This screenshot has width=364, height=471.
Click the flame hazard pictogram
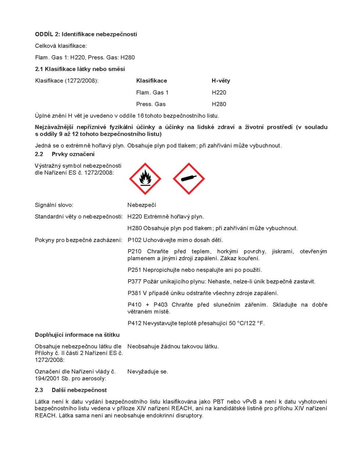[x=145, y=179]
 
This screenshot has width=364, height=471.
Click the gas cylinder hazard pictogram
[x=189, y=179]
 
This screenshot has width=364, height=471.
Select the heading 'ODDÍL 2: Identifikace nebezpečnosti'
[x=86, y=34]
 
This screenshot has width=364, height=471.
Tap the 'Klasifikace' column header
[x=151, y=81]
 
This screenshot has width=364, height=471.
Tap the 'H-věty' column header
[x=221, y=81]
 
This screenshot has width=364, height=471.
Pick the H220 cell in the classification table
[x=219, y=92]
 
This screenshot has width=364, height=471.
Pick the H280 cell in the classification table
[x=219, y=104]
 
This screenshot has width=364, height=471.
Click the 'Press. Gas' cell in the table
[x=151, y=104]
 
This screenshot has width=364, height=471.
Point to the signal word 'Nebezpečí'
[x=142, y=205]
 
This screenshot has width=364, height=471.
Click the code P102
[x=134, y=240]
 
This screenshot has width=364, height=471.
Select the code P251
[x=134, y=270]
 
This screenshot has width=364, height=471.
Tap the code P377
[x=134, y=281]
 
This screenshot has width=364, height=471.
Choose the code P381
[x=134, y=293]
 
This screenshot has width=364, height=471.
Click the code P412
[x=134, y=323]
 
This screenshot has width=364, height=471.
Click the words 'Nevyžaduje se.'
[x=148, y=372]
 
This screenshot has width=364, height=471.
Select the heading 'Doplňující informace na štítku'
[x=77, y=335]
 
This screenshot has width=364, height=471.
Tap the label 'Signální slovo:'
[x=54, y=205]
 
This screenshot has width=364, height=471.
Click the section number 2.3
[x=39, y=390]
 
